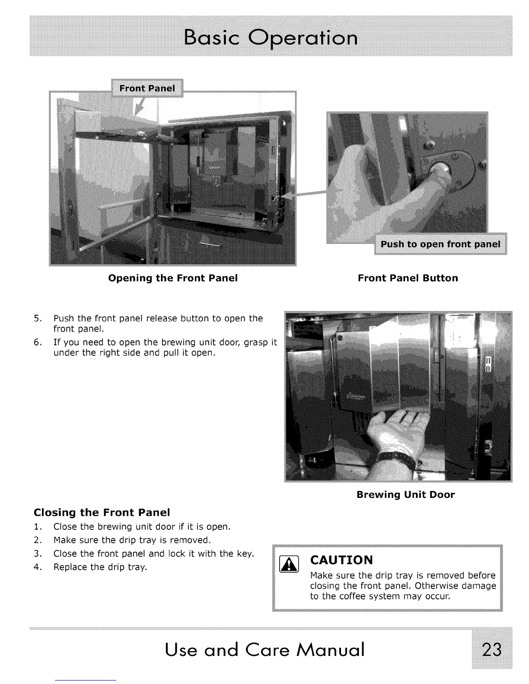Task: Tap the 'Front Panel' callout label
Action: [x=147, y=89]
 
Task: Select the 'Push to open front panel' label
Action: [x=440, y=244]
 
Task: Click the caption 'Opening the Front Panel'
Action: [x=173, y=278]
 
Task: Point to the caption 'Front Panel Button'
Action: [x=408, y=278]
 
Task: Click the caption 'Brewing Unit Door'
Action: [x=405, y=495]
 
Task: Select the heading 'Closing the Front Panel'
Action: [x=102, y=513]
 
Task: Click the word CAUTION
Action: [x=341, y=560]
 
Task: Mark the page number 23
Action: [x=492, y=649]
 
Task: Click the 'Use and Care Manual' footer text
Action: [x=264, y=649]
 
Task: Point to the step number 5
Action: [x=38, y=319]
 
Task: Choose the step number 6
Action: [x=38, y=343]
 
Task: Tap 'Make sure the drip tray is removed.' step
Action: [x=132, y=540]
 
